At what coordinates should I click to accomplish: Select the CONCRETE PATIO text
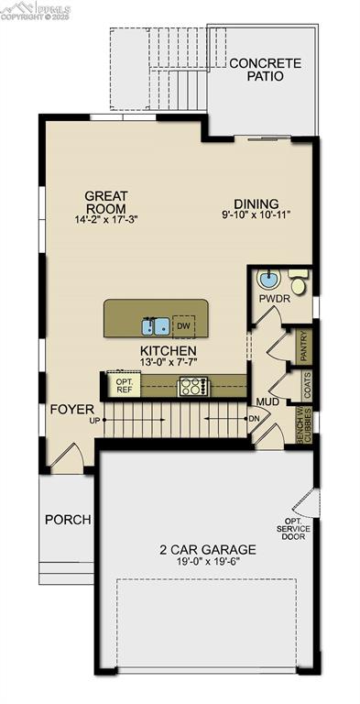(x=265, y=70)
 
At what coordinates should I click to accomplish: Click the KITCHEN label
(x=168, y=351)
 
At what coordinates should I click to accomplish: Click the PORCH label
(x=68, y=520)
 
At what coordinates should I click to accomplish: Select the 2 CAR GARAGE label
(x=207, y=550)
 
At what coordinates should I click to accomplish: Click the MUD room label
(x=267, y=401)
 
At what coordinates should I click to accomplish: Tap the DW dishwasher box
(x=183, y=325)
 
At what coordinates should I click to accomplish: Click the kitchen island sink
(x=155, y=324)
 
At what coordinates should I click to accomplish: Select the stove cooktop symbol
(x=193, y=386)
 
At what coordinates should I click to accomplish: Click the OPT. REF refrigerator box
(x=124, y=386)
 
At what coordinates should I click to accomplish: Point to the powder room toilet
(x=300, y=277)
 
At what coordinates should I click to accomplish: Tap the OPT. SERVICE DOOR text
(x=294, y=530)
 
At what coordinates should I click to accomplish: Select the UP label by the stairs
(x=93, y=422)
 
